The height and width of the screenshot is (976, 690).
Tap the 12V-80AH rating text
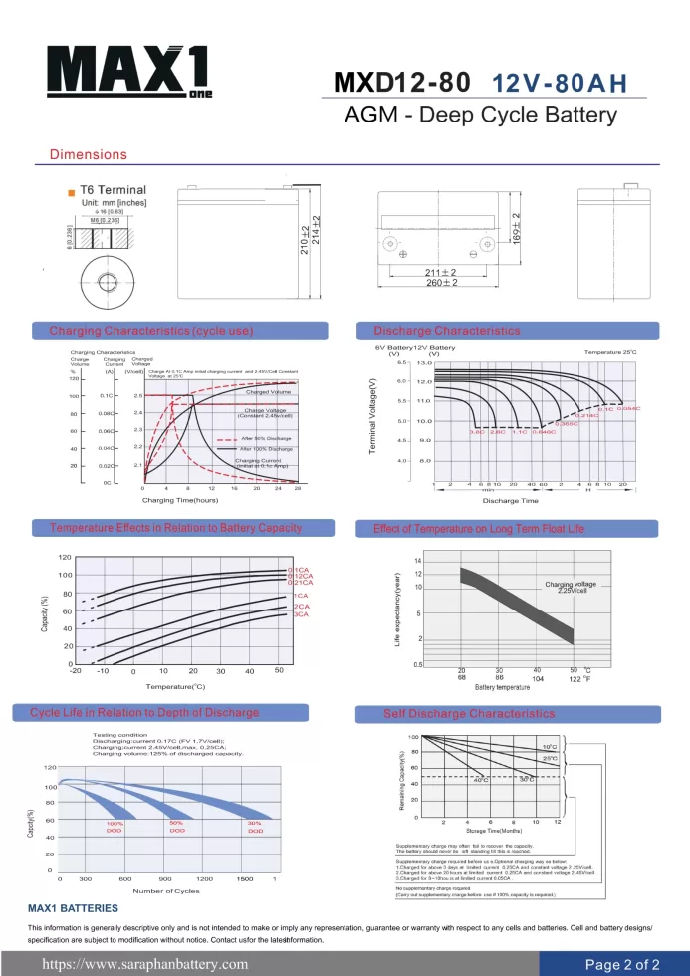point(560,84)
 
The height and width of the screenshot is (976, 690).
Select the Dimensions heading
point(89,155)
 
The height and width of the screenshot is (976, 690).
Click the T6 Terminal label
point(113,190)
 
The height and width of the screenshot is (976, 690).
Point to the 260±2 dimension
point(440,284)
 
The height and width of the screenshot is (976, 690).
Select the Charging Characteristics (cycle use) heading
point(151,330)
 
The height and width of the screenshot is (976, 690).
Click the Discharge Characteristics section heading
point(446,330)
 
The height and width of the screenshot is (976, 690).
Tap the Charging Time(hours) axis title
point(180,500)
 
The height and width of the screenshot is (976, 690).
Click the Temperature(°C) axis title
point(175,686)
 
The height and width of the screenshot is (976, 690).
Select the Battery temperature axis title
point(502,687)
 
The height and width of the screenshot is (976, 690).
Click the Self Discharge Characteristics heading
point(469,714)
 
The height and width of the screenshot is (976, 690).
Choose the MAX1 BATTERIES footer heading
point(73,909)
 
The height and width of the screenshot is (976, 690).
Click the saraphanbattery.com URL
point(143,964)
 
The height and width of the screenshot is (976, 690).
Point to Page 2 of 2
point(622,964)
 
